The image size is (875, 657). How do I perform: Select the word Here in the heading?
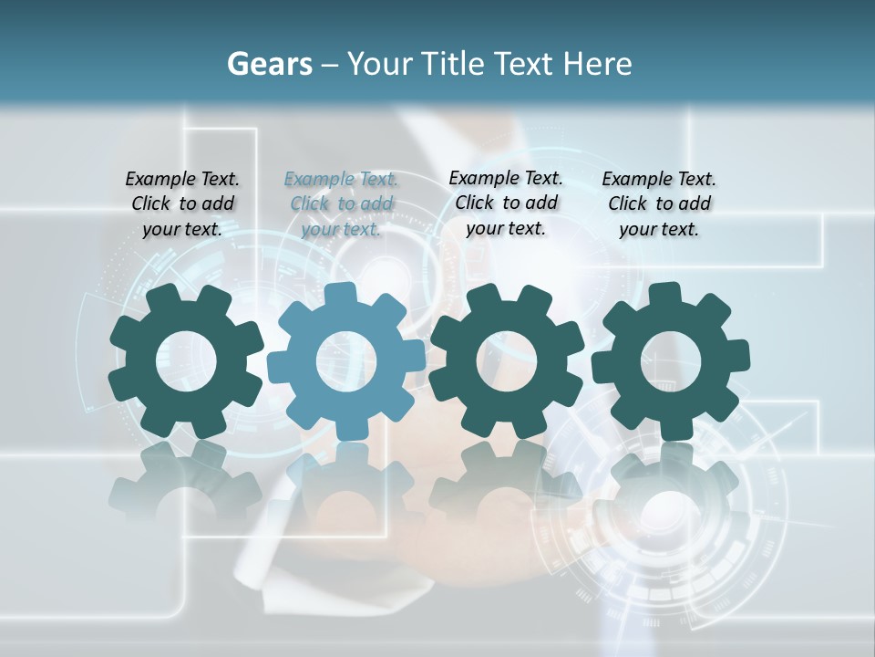tap(598, 64)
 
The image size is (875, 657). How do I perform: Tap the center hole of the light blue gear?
tap(346, 361)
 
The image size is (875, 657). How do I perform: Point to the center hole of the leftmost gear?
tap(186, 361)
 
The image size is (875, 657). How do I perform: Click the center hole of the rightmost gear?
tap(670, 360)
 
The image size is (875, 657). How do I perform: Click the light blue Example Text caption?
tap(341, 203)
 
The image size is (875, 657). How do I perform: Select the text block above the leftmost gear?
tap(182, 203)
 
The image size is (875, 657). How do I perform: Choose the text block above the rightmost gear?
tap(659, 203)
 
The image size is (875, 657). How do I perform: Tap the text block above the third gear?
tap(506, 203)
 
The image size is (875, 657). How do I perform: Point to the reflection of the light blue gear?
tap(346, 484)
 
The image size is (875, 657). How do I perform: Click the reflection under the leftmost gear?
tap(186, 484)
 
